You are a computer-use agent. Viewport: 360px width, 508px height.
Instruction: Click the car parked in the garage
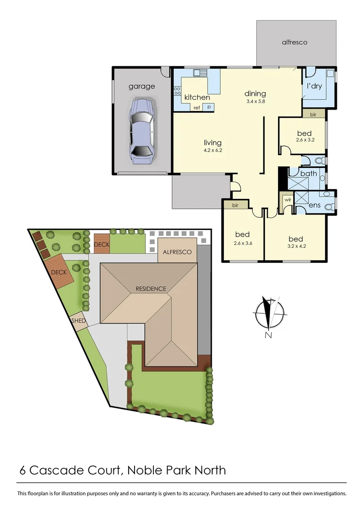[141, 131]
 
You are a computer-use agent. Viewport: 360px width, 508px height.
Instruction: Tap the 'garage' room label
[142, 87]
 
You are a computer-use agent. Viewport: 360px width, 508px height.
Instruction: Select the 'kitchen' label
[197, 97]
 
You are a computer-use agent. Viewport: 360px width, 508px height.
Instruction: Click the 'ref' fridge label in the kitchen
[197, 108]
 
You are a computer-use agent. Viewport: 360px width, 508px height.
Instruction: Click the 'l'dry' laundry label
[314, 87]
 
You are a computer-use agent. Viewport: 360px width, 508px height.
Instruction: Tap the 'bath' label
[309, 174]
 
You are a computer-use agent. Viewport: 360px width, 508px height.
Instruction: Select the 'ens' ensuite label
[315, 205]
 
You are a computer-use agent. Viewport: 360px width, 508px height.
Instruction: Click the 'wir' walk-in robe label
[287, 200]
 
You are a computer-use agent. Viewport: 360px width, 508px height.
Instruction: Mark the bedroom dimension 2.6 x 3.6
[243, 243]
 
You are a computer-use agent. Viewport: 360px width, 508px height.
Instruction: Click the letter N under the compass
[268, 335]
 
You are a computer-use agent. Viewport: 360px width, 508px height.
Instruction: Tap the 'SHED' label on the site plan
[78, 321]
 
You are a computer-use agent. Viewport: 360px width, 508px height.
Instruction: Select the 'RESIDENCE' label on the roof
[151, 288]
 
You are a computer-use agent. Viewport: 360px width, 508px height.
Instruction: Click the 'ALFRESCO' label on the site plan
[177, 252]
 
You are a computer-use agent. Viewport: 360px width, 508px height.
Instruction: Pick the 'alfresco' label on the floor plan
[295, 42]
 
